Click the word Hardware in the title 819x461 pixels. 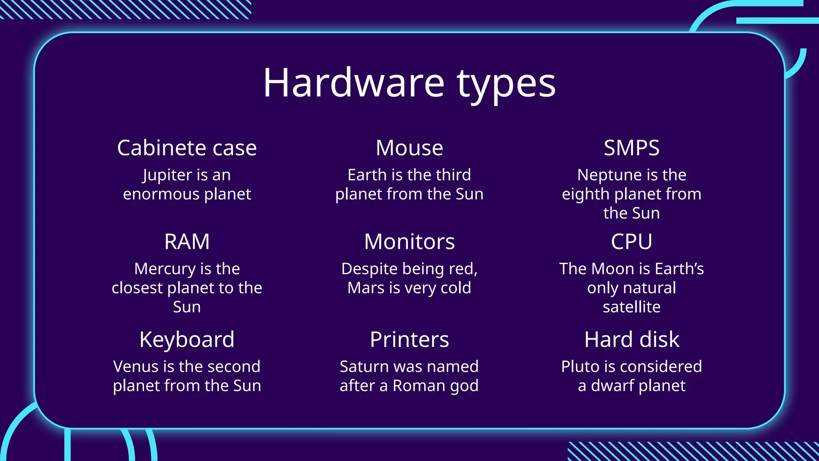pos(354,83)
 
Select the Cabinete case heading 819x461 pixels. pos(187,148)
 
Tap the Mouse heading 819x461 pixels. pos(409,148)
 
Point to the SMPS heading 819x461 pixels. pos(631,148)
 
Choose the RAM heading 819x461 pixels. pos(187,242)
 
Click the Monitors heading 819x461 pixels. pos(409,242)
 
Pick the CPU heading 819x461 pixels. pos(631,242)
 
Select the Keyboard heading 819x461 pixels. pos(187,340)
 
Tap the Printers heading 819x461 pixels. pos(409,340)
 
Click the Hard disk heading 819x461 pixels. pos(631,340)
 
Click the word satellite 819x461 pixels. pos(631,307)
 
